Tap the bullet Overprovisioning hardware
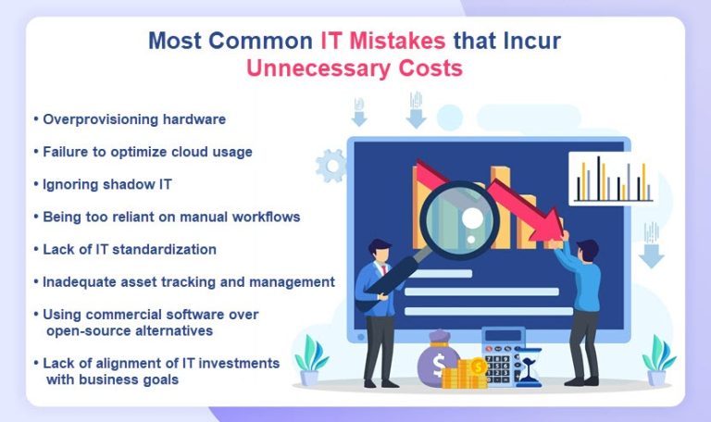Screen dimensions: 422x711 click(133, 119)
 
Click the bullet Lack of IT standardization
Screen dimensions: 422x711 click(129, 249)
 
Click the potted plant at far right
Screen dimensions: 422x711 click(659, 359)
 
